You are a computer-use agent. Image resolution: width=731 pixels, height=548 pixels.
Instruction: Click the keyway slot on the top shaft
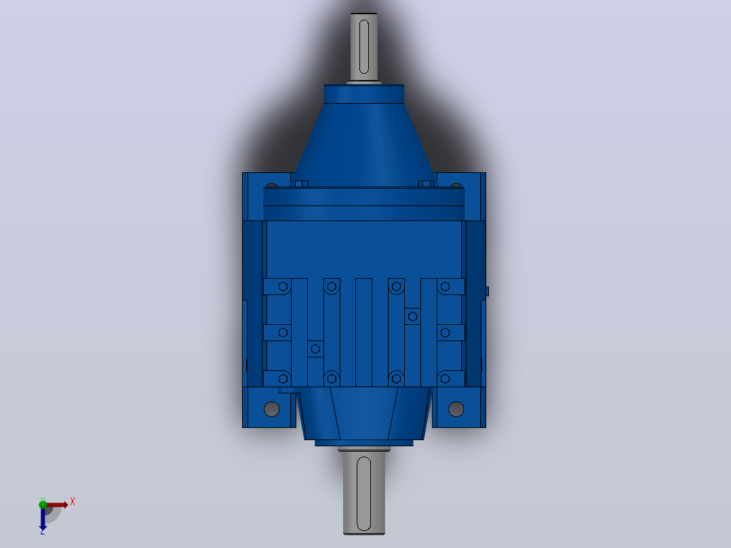coord(364,47)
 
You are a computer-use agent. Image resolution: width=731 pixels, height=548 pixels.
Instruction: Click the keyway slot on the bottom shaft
coord(363,494)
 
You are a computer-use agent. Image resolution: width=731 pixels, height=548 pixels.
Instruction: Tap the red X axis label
coord(73,502)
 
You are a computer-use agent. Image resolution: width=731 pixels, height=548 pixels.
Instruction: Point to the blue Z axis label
coord(43,531)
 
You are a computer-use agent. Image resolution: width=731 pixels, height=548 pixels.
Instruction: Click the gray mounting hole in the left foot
coord(271,409)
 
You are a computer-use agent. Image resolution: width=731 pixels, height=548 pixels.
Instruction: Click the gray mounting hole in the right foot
coord(456,409)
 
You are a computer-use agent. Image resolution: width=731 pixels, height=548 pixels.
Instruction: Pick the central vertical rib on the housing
coord(363,332)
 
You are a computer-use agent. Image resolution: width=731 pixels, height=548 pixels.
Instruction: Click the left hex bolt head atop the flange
coord(302,184)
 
